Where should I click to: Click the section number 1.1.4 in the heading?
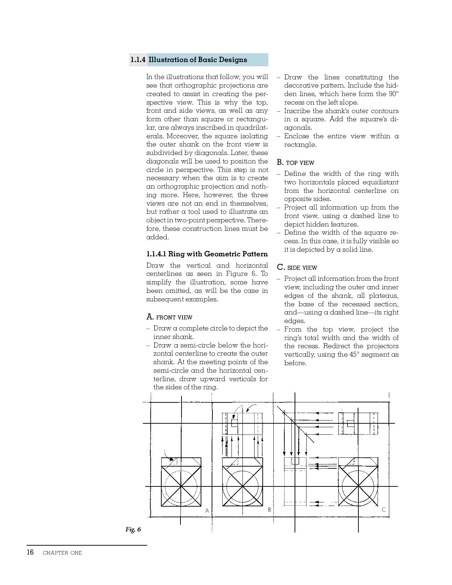click(138, 60)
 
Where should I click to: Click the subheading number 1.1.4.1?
click(156, 254)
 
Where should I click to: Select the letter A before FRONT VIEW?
click(150, 317)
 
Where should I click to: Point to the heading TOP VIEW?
click(300, 163)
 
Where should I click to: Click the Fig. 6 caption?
click(133, 529)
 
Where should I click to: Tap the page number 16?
click(30, 552)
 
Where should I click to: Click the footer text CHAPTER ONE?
click(62, 553)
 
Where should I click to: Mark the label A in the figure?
click(207, 511)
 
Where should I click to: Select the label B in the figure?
click(269, 510)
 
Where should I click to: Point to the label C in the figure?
click(384, 510)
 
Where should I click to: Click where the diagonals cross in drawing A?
click(181, 486)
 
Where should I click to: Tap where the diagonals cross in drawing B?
click(242, 486)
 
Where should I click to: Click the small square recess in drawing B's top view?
click(234, 423)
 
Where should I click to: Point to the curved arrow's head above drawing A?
click(173, 459)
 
